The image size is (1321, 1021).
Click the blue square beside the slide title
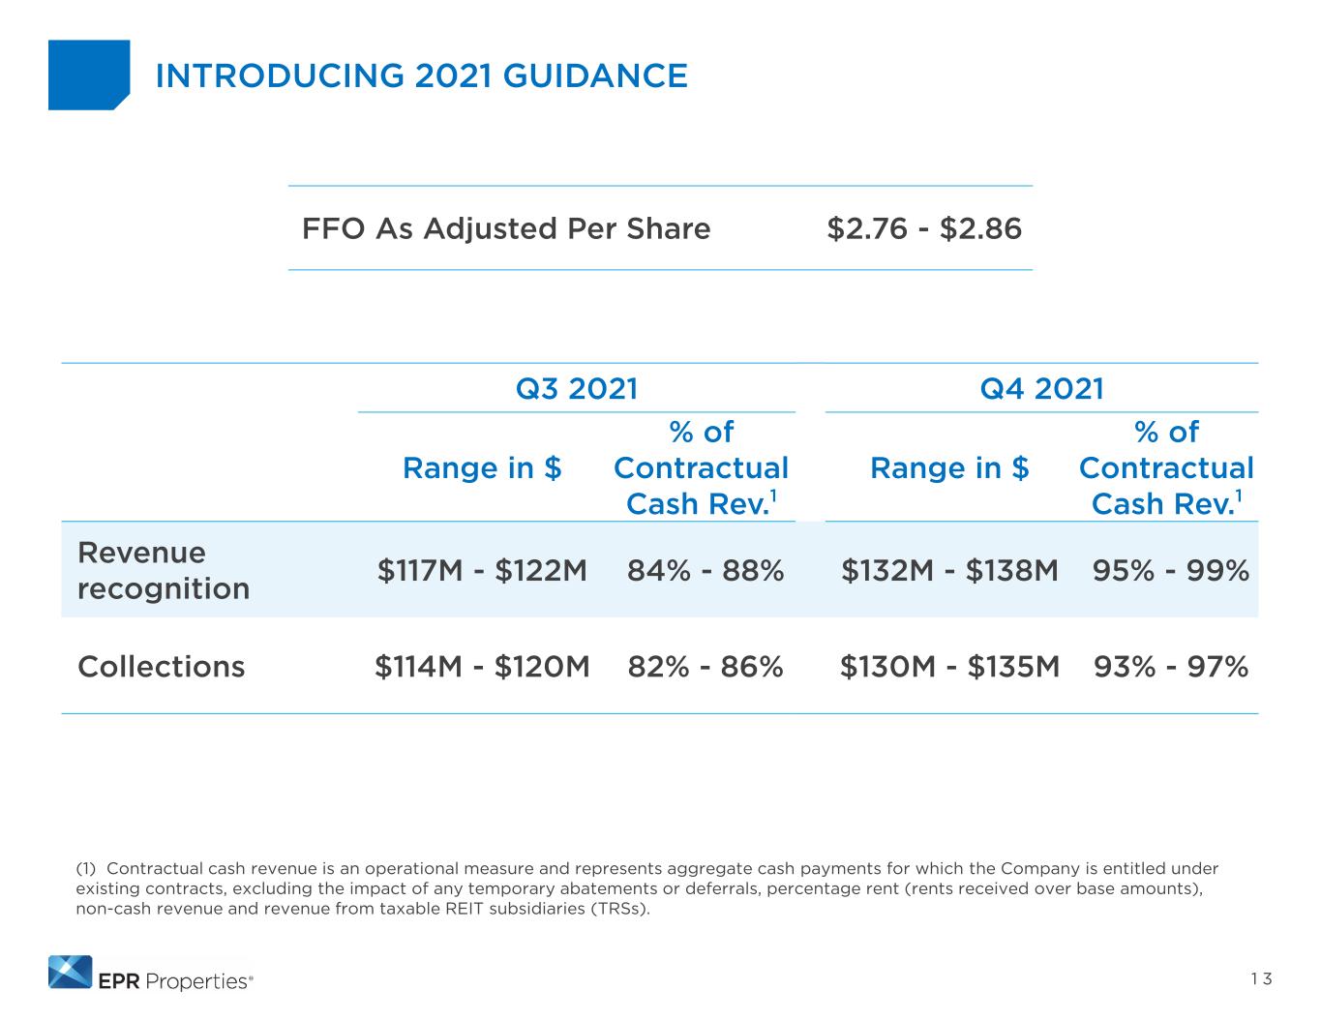[89, 75]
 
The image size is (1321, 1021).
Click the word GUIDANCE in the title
[595, 75]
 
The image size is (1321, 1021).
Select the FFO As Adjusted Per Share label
[506, 229]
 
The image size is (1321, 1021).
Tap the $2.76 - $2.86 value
[924, 229]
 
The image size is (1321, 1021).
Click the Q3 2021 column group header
[576, 388]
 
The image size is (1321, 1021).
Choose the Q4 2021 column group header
[1041, 388]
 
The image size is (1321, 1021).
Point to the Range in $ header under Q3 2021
[482, 468]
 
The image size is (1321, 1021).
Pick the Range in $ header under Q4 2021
[949, 468]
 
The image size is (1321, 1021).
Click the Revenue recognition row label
[164, 571]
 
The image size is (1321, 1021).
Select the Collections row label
[161, 667]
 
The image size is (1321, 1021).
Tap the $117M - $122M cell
[482, 571]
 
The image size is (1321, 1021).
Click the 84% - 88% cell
[706, 571]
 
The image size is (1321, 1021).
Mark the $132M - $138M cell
[949, 571]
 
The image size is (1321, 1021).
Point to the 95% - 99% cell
[1171, 571]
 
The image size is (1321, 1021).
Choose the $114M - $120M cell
[482, 667]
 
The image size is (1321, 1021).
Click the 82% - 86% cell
[706, 667]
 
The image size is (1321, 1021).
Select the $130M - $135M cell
[949, 667]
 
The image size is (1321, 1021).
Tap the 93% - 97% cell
[1171, 667]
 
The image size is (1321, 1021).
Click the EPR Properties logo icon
[71, 973]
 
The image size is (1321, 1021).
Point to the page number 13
[1261, 979]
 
